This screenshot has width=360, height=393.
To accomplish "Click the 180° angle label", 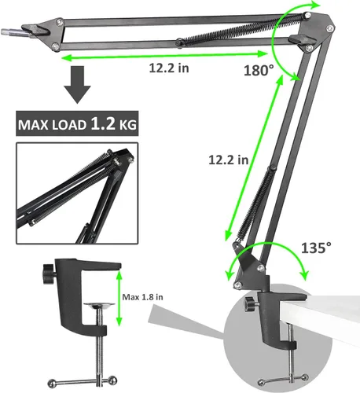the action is coord(259,70).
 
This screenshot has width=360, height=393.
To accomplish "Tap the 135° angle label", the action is coord(316,248).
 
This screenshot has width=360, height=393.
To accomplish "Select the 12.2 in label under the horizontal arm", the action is coord(169,68).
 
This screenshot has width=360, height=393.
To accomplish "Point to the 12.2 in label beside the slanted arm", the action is coord(228,160).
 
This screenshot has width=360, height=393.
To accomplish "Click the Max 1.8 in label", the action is coord(142,297).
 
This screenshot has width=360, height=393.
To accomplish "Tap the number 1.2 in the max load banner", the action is coord(103,123).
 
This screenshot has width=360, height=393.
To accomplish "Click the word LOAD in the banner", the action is coord(68,125).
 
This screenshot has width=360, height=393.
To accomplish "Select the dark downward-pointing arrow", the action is coord(78,85).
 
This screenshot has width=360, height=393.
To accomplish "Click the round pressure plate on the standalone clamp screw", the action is coord(99,305).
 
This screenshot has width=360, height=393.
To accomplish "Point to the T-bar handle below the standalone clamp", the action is coord(83,380).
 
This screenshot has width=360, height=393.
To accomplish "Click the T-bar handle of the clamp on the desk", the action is coord(283,380).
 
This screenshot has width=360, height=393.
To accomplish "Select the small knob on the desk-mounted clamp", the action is coord(250,303).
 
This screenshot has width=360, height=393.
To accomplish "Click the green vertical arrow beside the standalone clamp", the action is coord(119,298).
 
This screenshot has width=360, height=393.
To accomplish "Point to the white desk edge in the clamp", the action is coord(333,308).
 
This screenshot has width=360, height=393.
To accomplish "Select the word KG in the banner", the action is coord(128,125).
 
